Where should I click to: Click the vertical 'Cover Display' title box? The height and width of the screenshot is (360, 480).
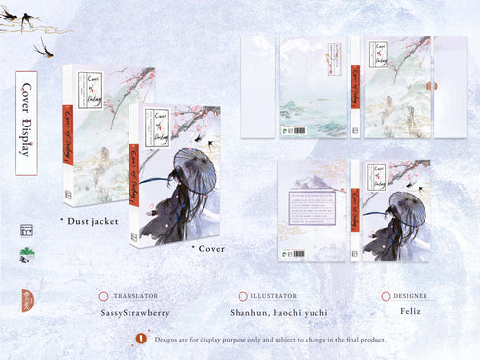26,123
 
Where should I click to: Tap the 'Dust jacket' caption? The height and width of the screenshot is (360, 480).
91,222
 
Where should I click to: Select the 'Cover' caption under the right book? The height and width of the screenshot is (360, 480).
207,248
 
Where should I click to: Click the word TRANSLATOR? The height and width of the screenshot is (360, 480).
135,296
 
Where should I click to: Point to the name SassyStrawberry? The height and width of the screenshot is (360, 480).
134,313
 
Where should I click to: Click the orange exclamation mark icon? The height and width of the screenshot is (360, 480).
142,339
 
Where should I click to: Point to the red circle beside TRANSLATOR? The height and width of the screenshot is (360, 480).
103,296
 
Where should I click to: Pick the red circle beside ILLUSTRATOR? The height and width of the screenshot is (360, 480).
242,296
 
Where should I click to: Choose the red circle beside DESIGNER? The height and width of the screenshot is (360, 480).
387,296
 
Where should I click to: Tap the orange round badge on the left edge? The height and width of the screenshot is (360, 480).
26,299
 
